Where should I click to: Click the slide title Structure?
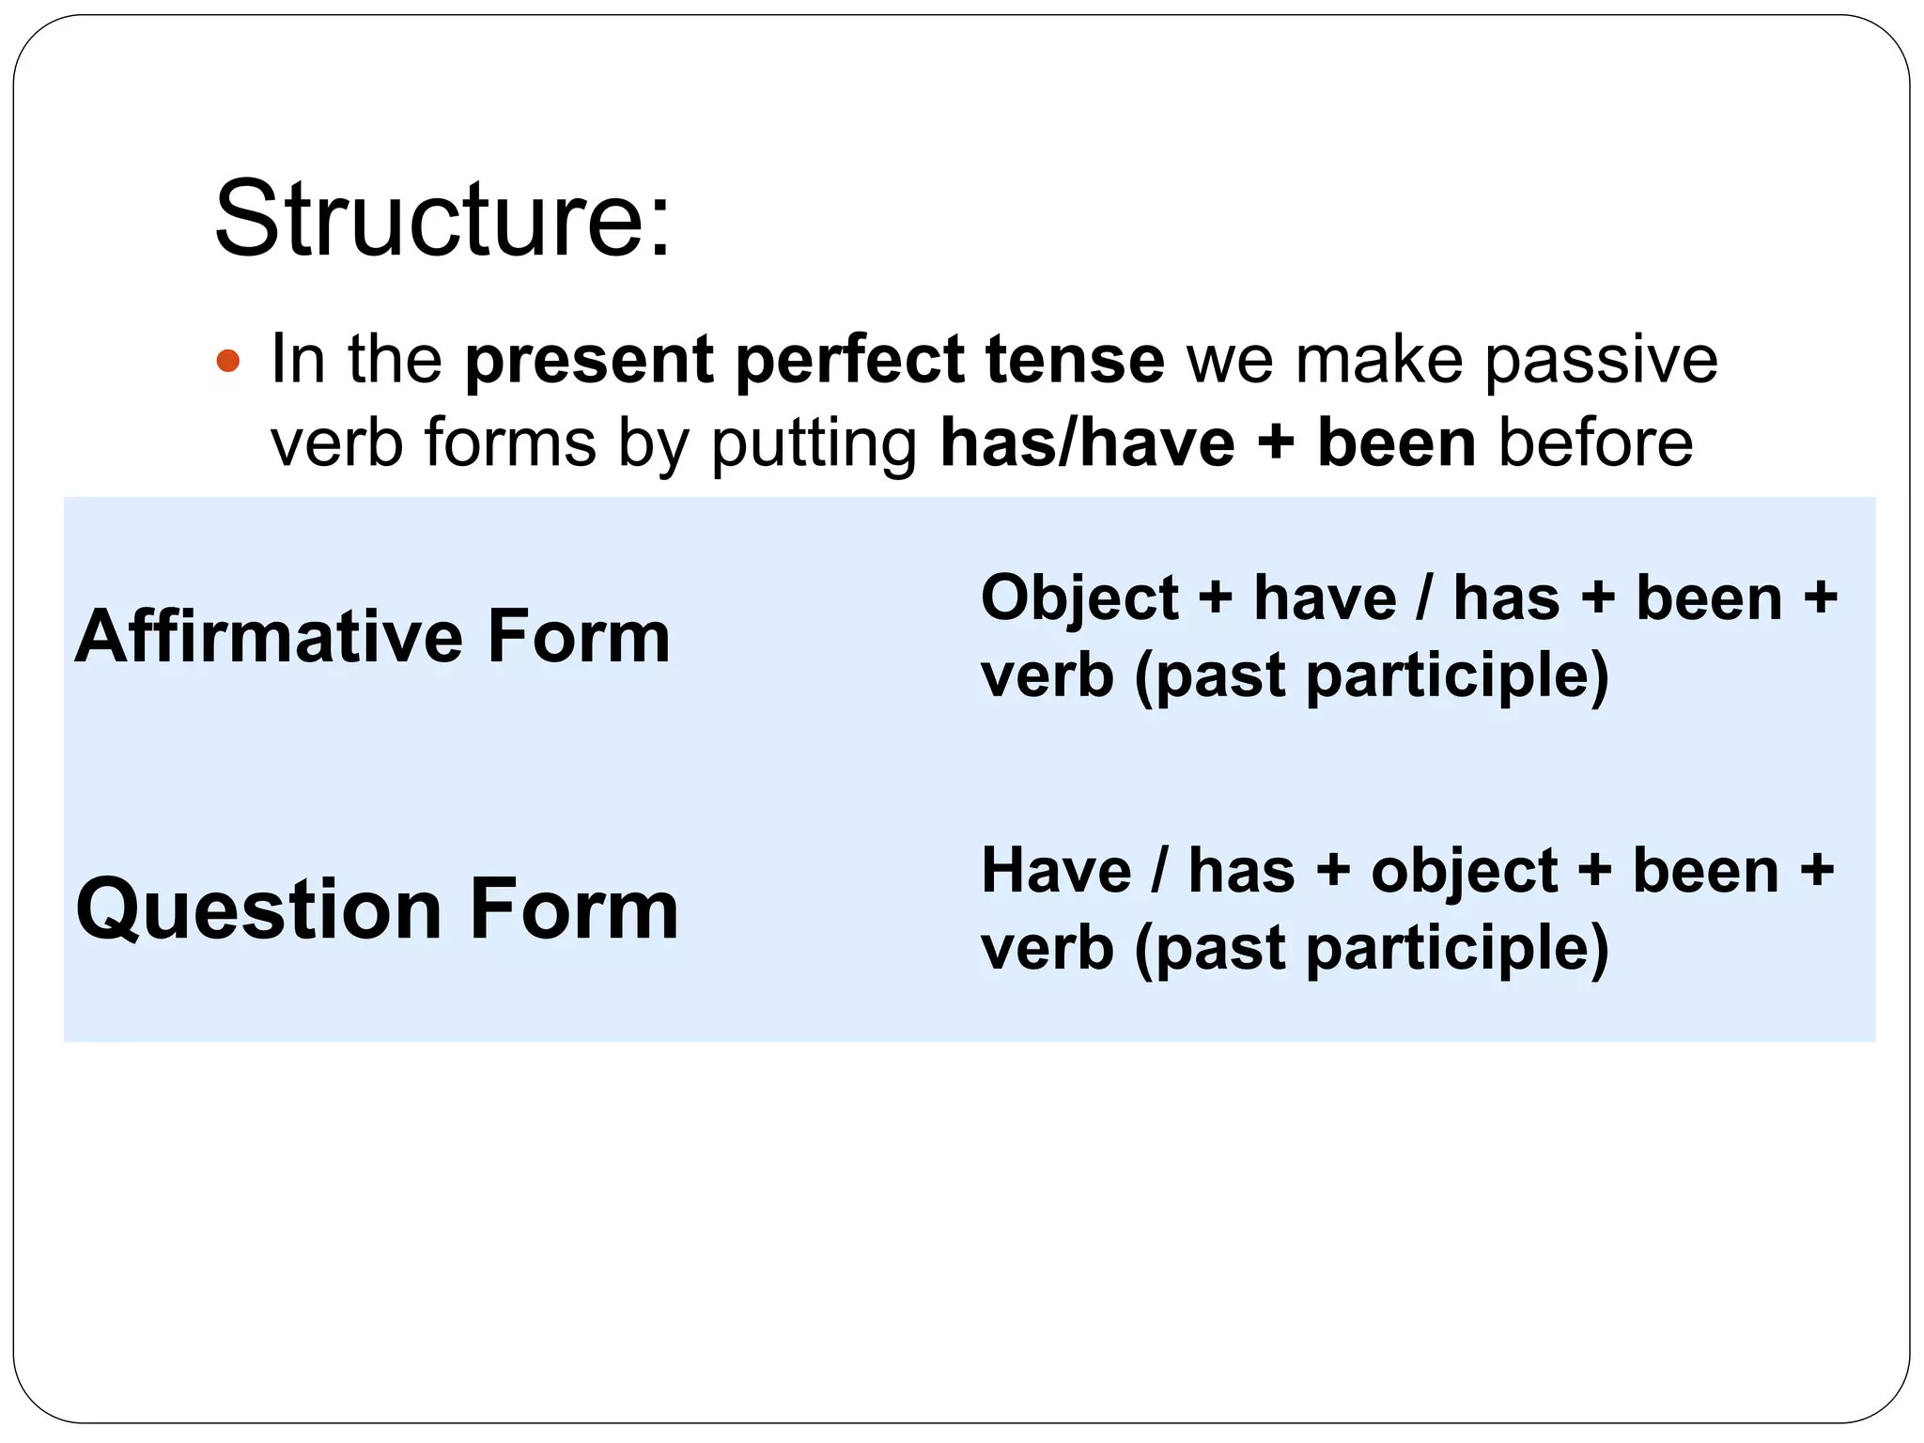(442, 219)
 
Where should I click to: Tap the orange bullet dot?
(228, 361)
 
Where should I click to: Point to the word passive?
(1600, 361)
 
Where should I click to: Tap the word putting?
(814, 444)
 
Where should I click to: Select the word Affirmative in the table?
(269, 636)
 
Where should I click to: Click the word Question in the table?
(259, 908)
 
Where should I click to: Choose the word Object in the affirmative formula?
(1078, 597)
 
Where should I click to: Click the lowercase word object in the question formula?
(1465, 871)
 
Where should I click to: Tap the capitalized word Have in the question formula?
(1056, 870)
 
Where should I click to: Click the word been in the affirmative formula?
(1709, 597)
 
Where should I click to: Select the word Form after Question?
(573, 908)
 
